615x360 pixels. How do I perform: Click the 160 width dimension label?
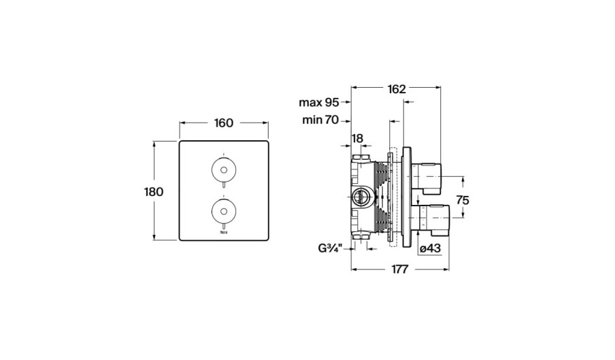[x=223, y=123]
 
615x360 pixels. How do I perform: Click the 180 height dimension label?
[x=154, y=191]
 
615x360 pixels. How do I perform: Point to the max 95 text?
[x=319, y=103]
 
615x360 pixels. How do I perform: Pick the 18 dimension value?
[x=357, y=138]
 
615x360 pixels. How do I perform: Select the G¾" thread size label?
[x=333, y=248]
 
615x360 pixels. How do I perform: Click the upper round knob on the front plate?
[x=223, y=168]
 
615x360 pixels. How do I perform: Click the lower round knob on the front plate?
[x=223, y=208]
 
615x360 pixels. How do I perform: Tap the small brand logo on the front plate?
[x=223, y=233]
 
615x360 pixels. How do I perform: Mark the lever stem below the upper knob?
[x=223, y=185]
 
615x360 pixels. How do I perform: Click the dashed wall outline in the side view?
[x=392, y=197]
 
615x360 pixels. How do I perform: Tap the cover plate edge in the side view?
[x=405, y=197]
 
